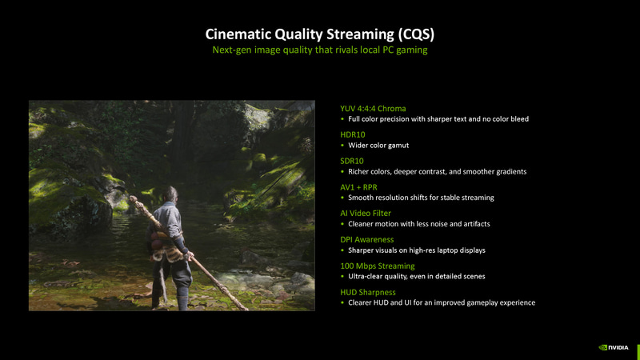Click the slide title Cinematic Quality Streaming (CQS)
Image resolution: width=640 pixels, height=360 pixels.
[x=320, y=34]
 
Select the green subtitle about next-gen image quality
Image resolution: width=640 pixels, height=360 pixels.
[x=320, y=50]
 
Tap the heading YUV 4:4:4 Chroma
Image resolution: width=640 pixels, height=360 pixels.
[x=373, y=108]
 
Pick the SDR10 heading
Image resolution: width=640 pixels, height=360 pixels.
[x=352, y=161]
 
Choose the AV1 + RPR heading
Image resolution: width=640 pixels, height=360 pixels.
[x=358, y=186]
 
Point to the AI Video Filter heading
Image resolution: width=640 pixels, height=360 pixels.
[x=367, y=213]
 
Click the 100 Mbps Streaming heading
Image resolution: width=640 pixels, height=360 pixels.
[x=379, y=265]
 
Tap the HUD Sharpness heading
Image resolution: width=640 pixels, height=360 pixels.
[x=368, y=292]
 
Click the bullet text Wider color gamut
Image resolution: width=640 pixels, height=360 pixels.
[x=379, y=146]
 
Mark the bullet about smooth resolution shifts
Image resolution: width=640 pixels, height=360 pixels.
[x=421, y=198]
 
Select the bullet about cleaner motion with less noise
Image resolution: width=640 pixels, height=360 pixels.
[x=418, y=224]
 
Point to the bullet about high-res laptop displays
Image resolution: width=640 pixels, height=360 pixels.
[x=416, y=250]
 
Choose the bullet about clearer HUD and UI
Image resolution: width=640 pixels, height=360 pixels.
[x=441, y=302]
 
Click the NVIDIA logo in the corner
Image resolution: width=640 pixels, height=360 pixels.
[x=614, y=347]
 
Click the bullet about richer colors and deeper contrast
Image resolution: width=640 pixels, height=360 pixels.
[x=437, y=171]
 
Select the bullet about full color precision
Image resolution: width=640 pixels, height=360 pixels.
[x=438, y=119]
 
